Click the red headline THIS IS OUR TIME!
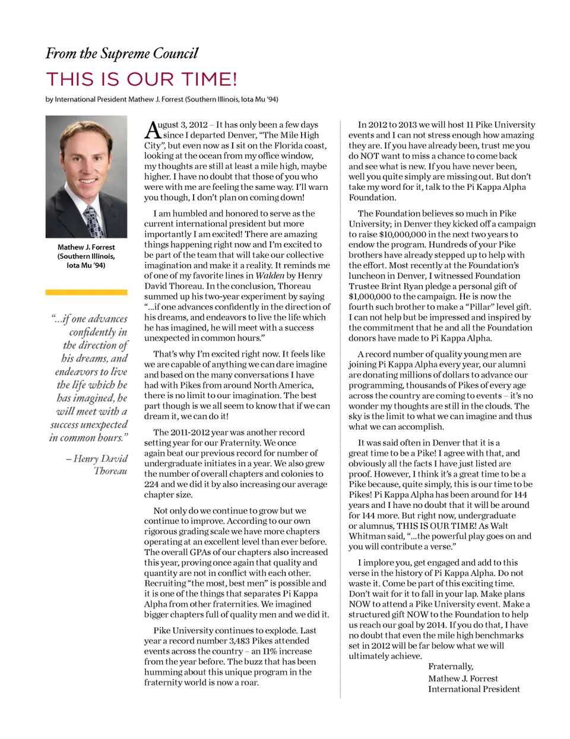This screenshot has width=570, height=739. point(141,79)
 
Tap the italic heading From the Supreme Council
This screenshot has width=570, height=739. point(122,54)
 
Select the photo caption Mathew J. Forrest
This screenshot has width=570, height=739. point(86,247)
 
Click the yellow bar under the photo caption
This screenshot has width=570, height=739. point(86,292)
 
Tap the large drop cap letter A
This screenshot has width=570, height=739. point(152,130)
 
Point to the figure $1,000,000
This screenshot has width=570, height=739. point(373,297)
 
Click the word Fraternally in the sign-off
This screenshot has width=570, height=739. point(451,667)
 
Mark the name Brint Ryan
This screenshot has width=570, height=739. point(412,286)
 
